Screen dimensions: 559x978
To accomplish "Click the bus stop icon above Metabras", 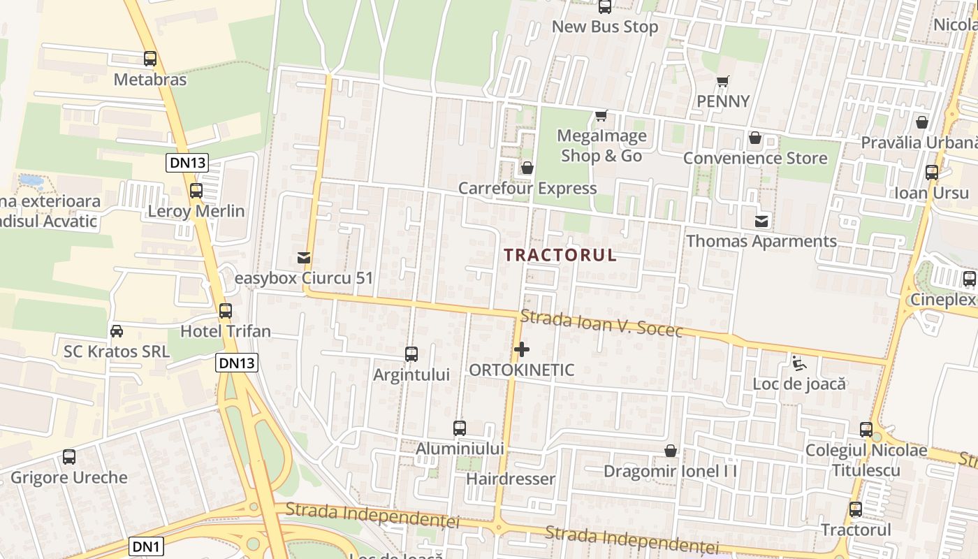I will (x=150, y=59).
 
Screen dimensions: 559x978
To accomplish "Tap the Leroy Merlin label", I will (x=196, y=211).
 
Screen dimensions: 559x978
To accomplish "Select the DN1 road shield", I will (x=147, y=546).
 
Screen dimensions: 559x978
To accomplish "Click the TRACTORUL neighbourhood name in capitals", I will (x=560, y=255).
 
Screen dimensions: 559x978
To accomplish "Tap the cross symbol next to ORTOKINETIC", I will (x=521, y=349).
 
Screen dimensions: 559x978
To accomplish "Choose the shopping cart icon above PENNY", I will (x=723, y=81).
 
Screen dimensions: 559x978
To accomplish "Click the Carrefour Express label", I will (x=527, y=188).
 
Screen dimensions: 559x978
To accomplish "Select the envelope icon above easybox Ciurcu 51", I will (x=304, y=258).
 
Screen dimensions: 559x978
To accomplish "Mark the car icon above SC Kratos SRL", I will (x=117, y=331).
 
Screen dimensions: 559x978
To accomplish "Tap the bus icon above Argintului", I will (x=411, y=354).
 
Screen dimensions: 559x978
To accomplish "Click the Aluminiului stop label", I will (x=460, y=449).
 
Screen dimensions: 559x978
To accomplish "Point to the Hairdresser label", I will (x=511, y=479).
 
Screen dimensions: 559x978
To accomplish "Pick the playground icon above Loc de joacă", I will (x=798, y=363).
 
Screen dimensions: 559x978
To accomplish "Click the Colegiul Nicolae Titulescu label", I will (x=866, y=460).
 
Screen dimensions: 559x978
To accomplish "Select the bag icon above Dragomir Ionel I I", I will (x=671, y=451).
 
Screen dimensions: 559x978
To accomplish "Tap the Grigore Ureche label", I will (x=69, y=478).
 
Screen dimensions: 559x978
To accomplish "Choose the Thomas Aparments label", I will (x=761, y=241).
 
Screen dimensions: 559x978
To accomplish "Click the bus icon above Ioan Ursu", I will (x=932, y=173).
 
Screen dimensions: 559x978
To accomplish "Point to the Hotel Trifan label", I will (x=226, y=331).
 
